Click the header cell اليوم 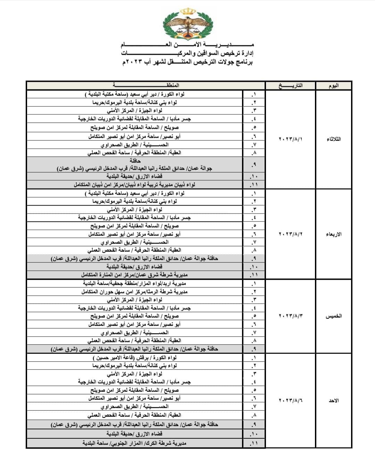click(333, 86)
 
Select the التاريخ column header click(291, 86)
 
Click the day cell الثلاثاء click(333, 139)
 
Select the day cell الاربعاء click(333, 234)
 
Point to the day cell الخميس click(333, 316)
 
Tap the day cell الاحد click(333, 401)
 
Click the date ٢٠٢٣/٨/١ click(291, 139)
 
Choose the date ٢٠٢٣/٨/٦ click(291, 401)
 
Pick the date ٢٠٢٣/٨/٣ click(291, 316)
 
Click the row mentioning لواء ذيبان click(135, 185)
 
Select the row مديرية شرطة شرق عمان click(135, 275)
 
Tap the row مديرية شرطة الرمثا click(135, 292)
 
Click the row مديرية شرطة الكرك click(135, 443)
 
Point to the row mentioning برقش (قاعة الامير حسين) click(135, 358)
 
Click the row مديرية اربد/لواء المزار click(135, 283)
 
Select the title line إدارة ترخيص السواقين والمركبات click(187, 54)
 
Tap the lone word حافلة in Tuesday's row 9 click(135, 161)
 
